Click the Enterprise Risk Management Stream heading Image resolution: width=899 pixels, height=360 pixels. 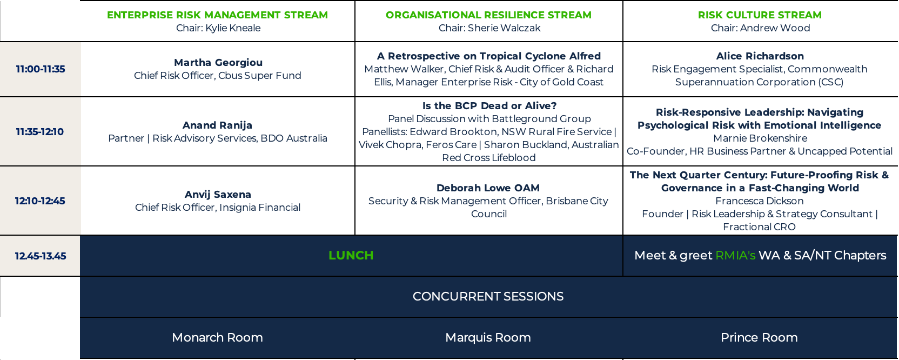click(218, 15)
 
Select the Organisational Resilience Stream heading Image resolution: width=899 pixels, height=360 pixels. click(488, 15)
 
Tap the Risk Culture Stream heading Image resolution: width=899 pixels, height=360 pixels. click(760, 15)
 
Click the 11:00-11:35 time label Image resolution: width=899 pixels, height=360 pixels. click(41, 69)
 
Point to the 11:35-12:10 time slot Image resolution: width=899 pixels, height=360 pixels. click(40, 132)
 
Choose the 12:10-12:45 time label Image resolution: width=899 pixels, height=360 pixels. click(40, 201)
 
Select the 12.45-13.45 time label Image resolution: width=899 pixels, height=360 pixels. click(41, 256)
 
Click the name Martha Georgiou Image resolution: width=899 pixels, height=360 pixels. click(218, 63)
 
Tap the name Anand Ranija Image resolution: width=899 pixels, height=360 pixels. click(218, 125)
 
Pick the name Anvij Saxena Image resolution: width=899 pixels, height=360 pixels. click(218, 194)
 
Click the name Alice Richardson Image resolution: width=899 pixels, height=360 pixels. click(760, 56)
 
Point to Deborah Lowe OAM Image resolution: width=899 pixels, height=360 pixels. click(488, 188)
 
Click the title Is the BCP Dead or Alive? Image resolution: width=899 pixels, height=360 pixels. click(489, 105)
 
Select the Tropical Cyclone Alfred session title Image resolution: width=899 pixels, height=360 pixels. click(489, 56)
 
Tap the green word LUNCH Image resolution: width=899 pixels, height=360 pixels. click(351, 255)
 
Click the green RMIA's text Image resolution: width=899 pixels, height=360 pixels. click(735, 255)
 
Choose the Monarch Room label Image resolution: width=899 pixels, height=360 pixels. click(218, 337)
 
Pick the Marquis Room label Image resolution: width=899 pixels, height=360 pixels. click(488, 337)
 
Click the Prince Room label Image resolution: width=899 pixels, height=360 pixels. click(759, 337)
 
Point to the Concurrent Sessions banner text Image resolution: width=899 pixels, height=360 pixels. click(488, 296)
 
